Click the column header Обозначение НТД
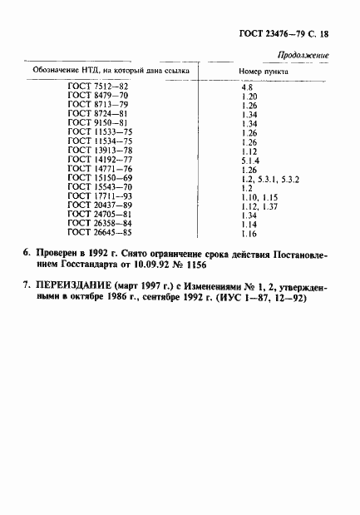[x=113, y=72]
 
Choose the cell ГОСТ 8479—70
[x=97, y=97]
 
